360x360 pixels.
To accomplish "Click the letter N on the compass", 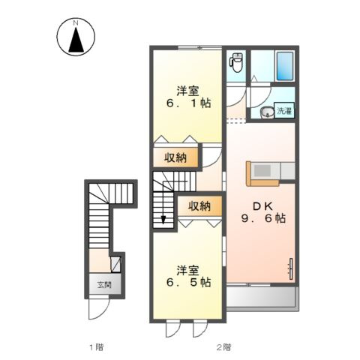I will pos(76,23).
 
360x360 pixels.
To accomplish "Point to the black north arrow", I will pos(76,41).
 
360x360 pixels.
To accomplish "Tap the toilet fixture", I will pos(237,62).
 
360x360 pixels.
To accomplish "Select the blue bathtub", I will pos(284,65).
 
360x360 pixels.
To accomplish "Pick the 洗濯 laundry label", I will pos(285,112).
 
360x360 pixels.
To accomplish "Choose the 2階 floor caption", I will pos(223,346).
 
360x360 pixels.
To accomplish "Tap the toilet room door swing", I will pos(255,94).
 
